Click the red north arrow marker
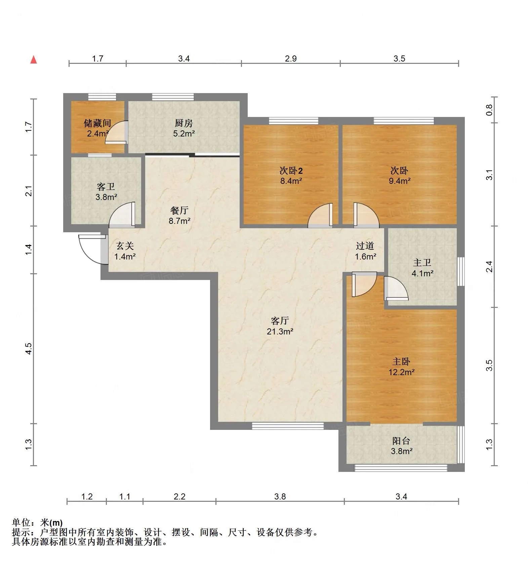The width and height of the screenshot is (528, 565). click(34, 60)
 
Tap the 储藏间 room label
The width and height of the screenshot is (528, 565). click(97, 123)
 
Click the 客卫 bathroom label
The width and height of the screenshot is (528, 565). click(106, 187)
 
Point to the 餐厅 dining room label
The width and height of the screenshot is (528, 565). click(179, 211)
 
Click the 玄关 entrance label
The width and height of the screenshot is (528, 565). click(125, 246)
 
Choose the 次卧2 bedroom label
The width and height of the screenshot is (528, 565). click(291, 171)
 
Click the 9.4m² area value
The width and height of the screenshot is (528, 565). click(400, 181)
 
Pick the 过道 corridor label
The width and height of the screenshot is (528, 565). click(365, 246)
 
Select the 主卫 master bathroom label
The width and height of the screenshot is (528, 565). click(422, 263)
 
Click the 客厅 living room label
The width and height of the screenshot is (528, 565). click(280, 321)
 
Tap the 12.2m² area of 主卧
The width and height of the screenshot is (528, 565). click(401, 372)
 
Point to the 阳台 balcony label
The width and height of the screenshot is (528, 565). click(402, 441)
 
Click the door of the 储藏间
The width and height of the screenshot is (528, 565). click(116, 132)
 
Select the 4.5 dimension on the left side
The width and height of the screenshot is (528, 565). click(29, 349)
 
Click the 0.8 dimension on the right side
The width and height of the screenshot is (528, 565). click(489, 110)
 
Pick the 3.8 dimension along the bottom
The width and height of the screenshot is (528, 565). click(280, 496)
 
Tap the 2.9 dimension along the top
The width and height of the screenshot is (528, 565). click(291, 58)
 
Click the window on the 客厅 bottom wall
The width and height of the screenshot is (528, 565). click(288, 426)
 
